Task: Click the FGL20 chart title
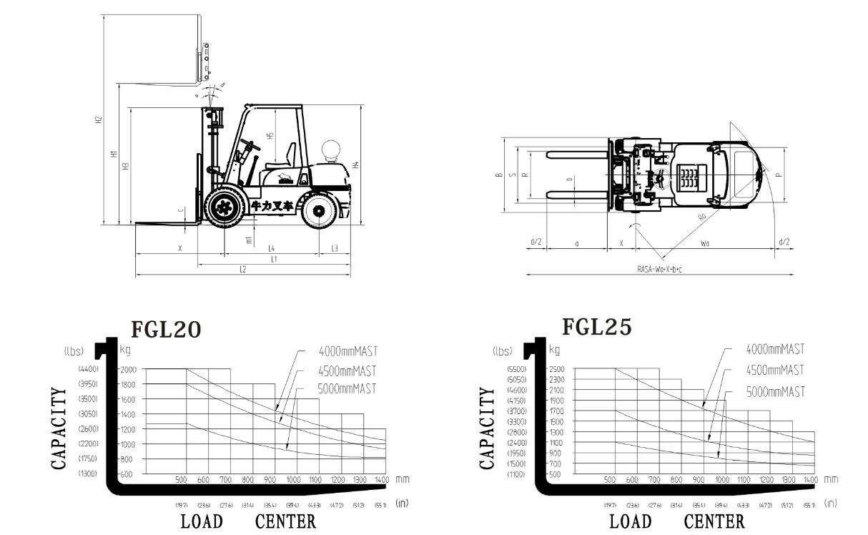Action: [x=166, y=328]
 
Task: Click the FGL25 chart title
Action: [x=597, y=327]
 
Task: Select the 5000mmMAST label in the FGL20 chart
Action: [x=347, y=389]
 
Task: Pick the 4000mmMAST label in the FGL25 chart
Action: [x=775, y=349]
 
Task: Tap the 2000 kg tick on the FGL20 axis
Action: [x=128, y=369]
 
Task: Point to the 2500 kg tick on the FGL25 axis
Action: [x=556, y=368]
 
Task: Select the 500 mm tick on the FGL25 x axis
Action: [x=610, y=479]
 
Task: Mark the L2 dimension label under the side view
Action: [x=243, y=270]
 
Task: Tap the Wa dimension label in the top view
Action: [x=705, y=243]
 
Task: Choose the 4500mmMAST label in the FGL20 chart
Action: [x=347, y=370]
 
